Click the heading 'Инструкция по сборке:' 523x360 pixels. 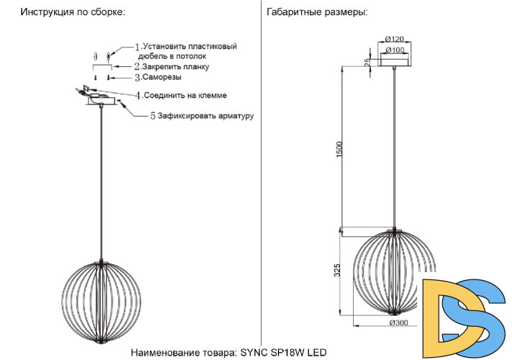coord(72,13)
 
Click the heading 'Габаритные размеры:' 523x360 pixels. coord(316,13)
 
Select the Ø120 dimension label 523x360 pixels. coord(393,38)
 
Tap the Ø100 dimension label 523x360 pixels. coord(393,50)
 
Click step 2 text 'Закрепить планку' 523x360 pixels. coord(176,66)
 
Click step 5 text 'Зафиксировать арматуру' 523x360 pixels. coord(205,115)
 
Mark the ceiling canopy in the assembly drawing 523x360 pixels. coord(104,102)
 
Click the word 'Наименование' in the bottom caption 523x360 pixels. coord(164,352)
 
